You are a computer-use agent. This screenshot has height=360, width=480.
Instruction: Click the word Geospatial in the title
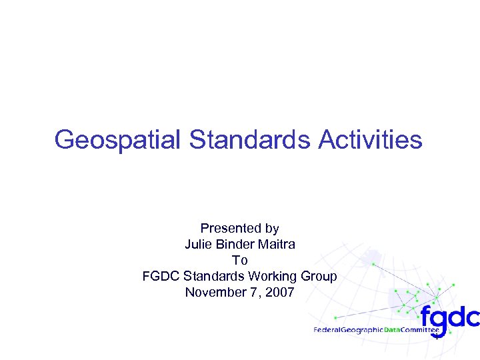(118, 140)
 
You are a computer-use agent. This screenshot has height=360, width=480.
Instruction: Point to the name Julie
(197, 245)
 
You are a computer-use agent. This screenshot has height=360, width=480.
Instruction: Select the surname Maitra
(277, 245)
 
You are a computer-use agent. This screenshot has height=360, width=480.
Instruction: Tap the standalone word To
(239, 261)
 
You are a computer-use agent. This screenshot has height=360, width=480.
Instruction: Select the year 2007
(280, 293)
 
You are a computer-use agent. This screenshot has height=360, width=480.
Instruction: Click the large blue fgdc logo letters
(450, 315)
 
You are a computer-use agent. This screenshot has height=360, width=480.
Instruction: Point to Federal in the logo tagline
(328, 330)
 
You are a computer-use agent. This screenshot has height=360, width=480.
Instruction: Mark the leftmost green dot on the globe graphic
(335, 317)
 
